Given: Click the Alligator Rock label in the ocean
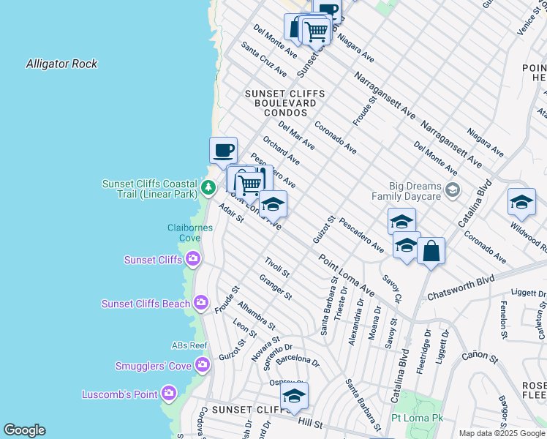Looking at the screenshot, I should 61,64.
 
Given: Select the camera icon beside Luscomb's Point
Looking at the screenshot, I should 170,394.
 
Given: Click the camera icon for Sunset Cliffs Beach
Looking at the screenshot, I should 201,303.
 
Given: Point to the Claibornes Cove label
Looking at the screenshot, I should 189,233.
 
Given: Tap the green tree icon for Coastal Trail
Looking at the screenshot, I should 208,188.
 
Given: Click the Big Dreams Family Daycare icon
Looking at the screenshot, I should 453,191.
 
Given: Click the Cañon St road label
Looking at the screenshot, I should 479,356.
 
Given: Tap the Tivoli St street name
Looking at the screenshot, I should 277,268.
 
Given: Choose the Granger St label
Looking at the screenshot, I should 276,287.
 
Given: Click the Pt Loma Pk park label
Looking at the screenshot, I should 418,418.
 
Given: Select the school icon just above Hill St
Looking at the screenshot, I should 294,396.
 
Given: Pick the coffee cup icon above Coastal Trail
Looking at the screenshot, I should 224,151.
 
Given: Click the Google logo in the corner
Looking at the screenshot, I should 24,430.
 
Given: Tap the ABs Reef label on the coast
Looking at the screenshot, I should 189,345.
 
